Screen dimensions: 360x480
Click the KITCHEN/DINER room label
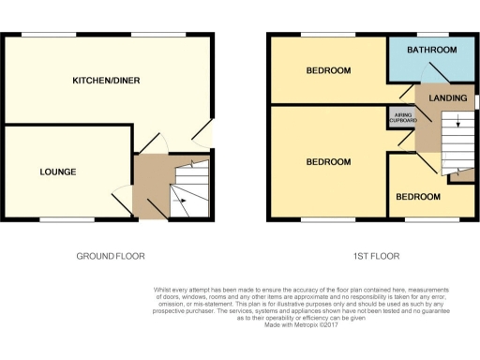click(107, 81)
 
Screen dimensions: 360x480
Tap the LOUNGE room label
click(57, 172)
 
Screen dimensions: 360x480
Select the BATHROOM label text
click(432, 50)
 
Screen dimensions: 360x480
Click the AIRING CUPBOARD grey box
click(401, 118)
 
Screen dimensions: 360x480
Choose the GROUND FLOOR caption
click(110, 256)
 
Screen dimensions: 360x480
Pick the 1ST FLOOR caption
click(370, 256)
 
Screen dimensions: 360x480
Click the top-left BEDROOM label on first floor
click(328, 71)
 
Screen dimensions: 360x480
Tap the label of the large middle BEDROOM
click(328, 162)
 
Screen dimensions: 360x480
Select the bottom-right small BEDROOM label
click(417, 197)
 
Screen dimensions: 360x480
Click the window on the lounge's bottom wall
click(67, 221)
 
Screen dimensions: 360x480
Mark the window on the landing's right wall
click(475, 99)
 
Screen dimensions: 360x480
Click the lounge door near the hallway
click(122, 199)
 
